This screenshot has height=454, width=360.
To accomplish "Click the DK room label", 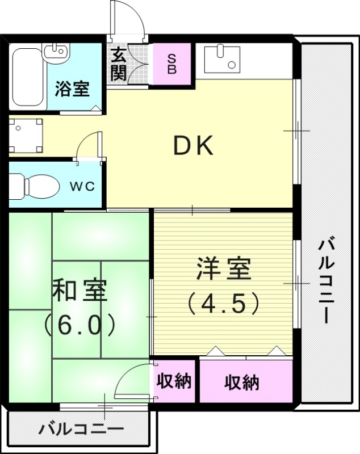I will [x=193, y=147].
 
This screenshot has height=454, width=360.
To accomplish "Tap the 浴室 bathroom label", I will [x=72, y=89].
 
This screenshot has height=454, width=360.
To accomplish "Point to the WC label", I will [x=82, y=186].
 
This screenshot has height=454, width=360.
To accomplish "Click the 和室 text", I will [x=80, y=290].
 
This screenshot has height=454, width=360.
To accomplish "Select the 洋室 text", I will [x=224, y=269].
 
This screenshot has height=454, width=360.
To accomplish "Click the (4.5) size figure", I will [x=224, y=302].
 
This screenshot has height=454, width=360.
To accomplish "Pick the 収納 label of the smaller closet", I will [x=174, y=381].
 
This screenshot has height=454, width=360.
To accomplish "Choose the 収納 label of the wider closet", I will [x=242, y=382].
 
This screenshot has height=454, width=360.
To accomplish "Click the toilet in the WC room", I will [x=34, y=184].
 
